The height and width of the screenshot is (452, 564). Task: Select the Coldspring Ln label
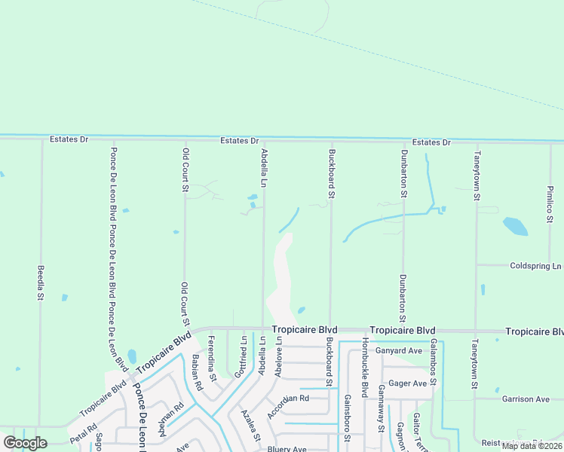coord(536,266)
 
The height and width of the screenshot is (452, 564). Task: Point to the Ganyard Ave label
coord(399,351)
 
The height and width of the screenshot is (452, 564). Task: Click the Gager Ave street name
coord(409,383)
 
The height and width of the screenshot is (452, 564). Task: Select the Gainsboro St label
coord(347,417)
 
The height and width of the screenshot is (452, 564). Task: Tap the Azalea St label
coord(251,426)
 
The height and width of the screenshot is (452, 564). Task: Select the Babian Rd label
coord(198,373)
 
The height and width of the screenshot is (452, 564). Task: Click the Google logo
coord(25,442)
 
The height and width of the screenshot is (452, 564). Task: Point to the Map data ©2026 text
coord(531,446)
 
